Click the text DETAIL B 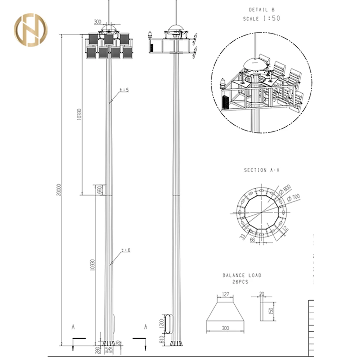tap(264, 10)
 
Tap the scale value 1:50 tap(271, 18)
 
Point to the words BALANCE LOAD tap(242, 275)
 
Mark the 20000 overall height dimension tap(60, 190)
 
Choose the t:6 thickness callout tap(125, 250)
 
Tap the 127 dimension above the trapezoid tap(225, 294)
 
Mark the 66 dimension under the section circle tap(252, 240)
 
